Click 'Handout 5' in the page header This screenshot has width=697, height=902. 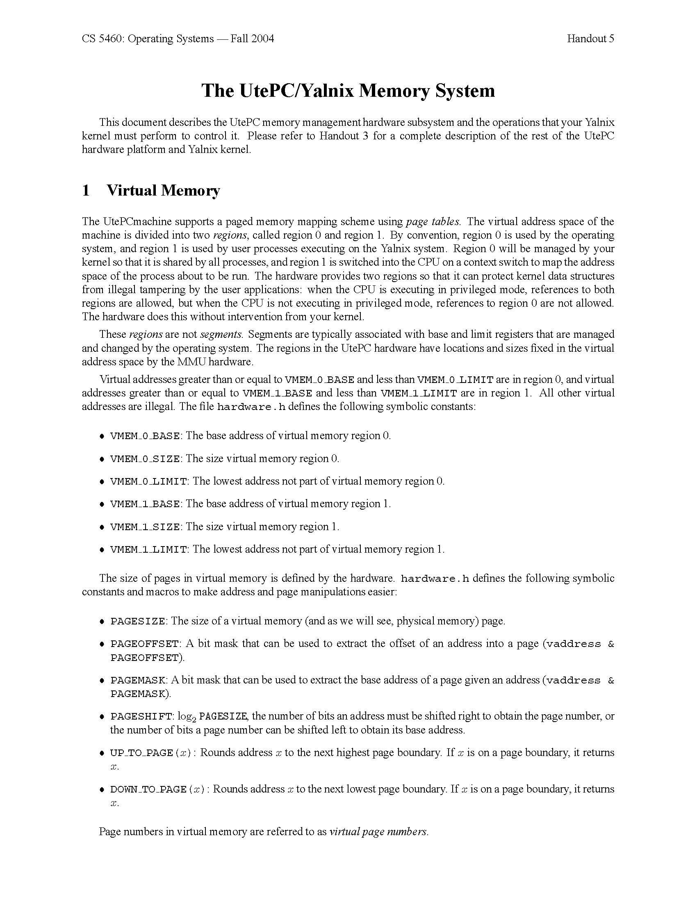pyautogui.click(x=590, y=39)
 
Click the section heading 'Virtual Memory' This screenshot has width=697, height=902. pyautogui.click(x=163, y=190)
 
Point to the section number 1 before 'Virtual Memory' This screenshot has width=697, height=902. pyautogui.click(x=86, y=190)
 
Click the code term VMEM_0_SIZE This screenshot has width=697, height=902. pyautogui.click(x=145, y=459)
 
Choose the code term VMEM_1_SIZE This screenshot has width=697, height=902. pyautogui.click(x=145, y=527)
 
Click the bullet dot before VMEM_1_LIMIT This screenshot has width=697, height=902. pyautogui.click(x=102, y=550)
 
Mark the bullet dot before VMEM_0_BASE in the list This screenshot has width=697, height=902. pyautogui.click(x=102, y=436)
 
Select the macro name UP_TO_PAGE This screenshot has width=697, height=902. pyautogui.click(x=141, y=753)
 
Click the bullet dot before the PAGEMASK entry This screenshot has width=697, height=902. pyautogui.click(x=102, y=680)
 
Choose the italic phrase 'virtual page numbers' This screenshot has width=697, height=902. pyautogui.click(x=379, y=832)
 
